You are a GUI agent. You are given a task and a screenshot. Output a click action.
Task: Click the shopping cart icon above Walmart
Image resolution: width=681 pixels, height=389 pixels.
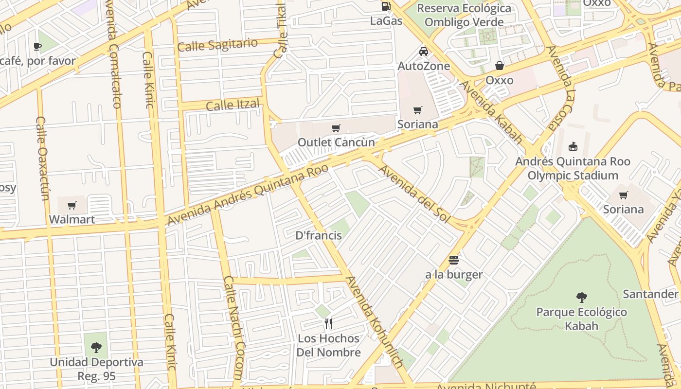(x=72, y=205)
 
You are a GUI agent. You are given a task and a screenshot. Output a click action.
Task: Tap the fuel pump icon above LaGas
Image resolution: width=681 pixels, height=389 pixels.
(x=386, y=6)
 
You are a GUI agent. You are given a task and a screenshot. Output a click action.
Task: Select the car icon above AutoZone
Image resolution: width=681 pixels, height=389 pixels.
(x=424, y=52)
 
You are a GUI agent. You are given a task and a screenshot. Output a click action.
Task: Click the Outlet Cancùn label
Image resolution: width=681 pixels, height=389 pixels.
(x=336, y=142)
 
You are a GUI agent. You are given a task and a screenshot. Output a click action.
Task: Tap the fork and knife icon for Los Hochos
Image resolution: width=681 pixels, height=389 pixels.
(x=328, y=323)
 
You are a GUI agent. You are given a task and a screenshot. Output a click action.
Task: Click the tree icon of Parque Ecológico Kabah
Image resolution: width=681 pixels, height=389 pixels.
(x=581, y=298)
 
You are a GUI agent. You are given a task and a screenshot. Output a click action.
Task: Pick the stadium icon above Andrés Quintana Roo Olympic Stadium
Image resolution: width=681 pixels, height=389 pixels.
(x=573, y=146)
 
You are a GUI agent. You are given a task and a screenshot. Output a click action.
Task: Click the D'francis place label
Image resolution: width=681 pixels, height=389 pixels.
(x=319, y=236)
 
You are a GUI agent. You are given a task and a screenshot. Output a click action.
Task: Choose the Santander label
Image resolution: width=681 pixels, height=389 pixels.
(x=650, y=294)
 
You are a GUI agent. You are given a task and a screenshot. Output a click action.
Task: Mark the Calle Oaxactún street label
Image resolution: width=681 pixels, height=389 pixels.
(x=43, y=158)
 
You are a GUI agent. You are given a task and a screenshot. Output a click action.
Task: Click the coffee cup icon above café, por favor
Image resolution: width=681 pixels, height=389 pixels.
(x=37, y=47)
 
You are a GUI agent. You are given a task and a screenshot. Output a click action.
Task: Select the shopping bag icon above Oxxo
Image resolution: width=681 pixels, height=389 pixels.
(x=500, y=66)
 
